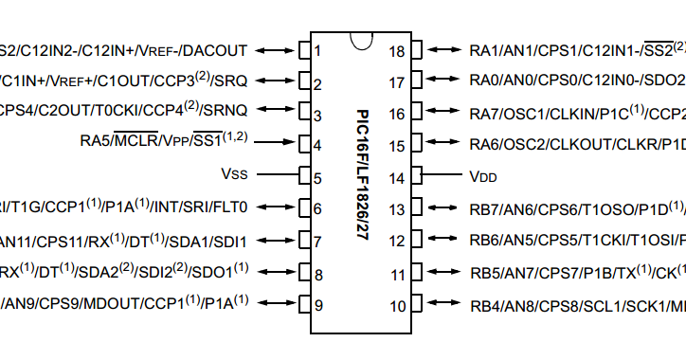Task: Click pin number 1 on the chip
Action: [x=319, y=50]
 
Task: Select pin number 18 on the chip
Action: [x=399, y=50]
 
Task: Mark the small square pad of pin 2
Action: [x=305, y=81]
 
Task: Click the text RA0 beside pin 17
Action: [x=485, y=81]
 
